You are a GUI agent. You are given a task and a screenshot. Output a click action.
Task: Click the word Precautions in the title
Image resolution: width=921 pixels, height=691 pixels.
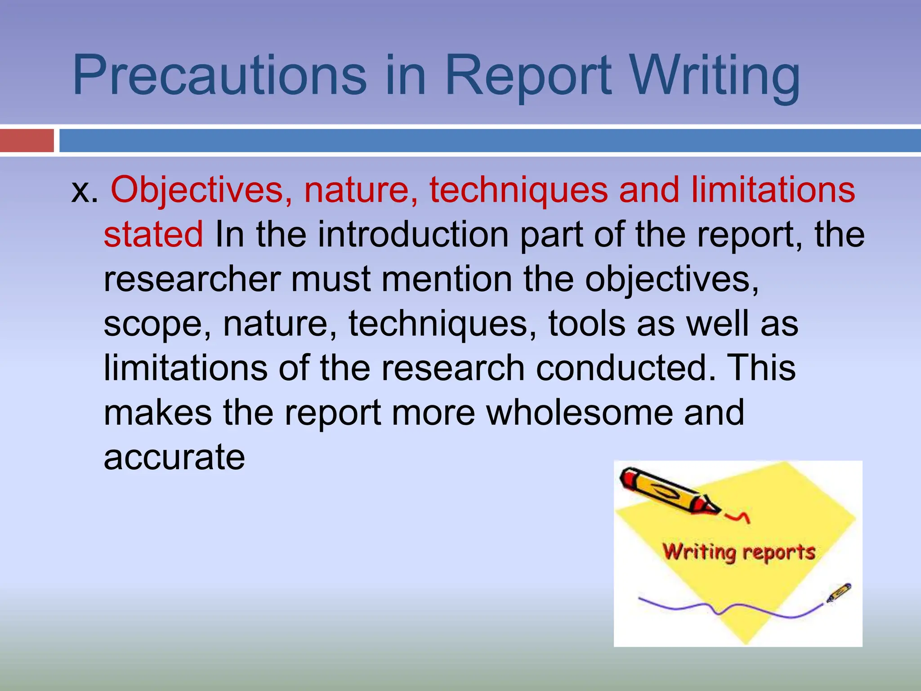pyautogui.click(x=219, y=75)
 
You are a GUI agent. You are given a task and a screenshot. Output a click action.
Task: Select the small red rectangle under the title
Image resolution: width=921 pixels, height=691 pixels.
pyautogui.click(x=27, y=140)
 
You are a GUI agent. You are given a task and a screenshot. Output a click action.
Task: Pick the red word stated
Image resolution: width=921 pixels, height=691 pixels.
pyautogui.click(x=153, y=234)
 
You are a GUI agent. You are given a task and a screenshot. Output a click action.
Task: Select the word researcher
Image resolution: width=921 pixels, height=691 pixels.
pyautogui.click(x=192, y=279)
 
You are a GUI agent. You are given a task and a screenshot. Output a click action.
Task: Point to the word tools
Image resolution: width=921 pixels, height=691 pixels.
pyautogui.click(x=587, y=323)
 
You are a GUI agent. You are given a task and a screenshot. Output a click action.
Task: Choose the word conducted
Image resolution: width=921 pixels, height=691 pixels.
pyautogui.click(x=625, y=368)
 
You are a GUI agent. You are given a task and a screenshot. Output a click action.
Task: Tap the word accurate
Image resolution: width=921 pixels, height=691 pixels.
pyautogui.click(x=174, y=458)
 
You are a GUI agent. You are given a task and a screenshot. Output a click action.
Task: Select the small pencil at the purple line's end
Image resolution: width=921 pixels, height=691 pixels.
pyautogui.click(x=839, y=592)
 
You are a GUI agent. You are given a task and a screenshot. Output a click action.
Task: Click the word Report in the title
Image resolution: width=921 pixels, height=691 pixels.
pyautogui.click(x=528, y=75)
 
